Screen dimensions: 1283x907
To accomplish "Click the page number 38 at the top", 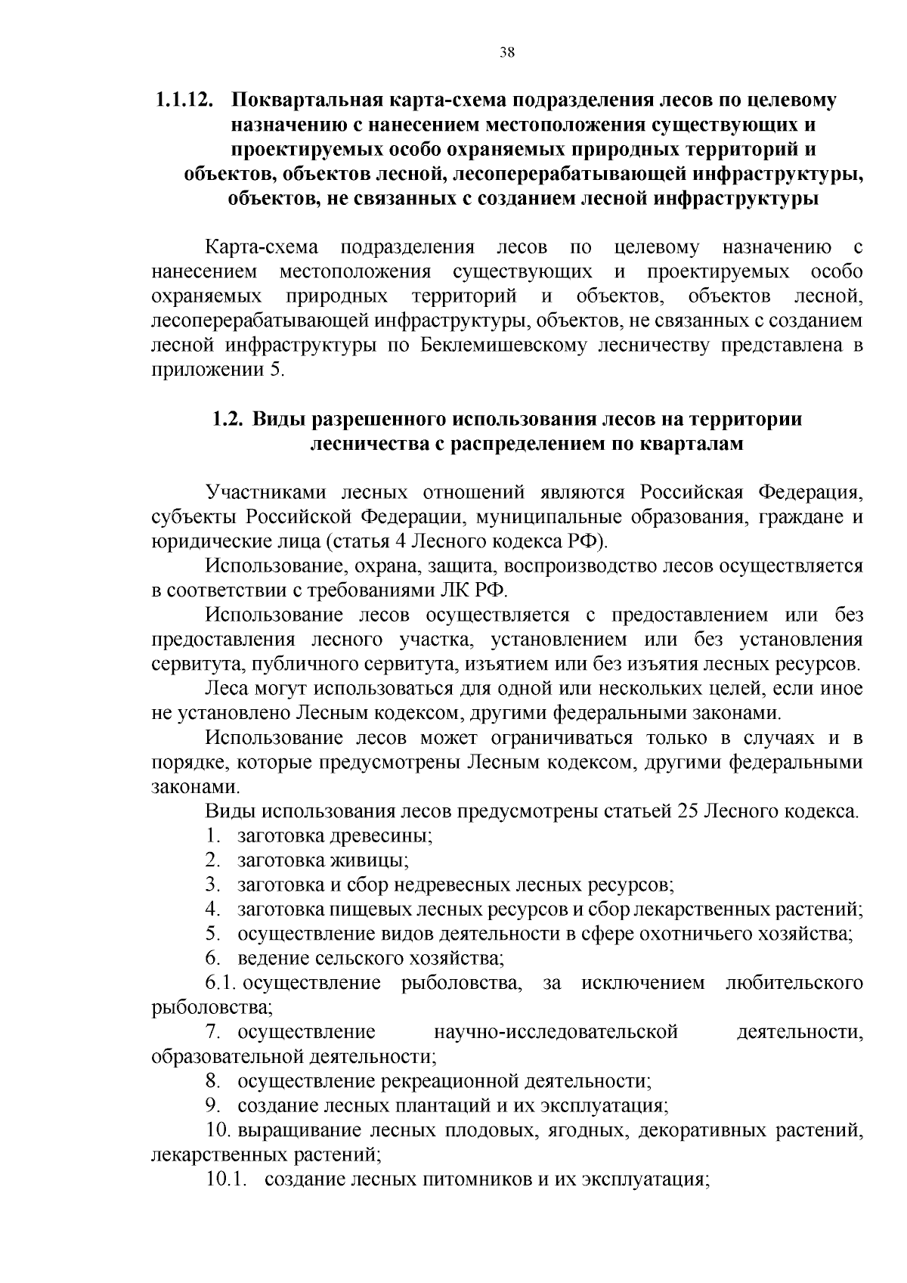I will (x=507, y=52).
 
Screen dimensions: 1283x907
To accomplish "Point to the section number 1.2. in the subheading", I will (x=227, y=419).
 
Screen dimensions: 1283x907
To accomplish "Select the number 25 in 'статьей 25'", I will (x=687, y=811).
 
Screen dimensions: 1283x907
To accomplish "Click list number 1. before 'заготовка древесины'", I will (x=213, y=836).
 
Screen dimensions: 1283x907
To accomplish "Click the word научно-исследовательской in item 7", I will (x=556, y=1032).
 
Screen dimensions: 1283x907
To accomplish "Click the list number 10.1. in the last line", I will (x=227, y=1179).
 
